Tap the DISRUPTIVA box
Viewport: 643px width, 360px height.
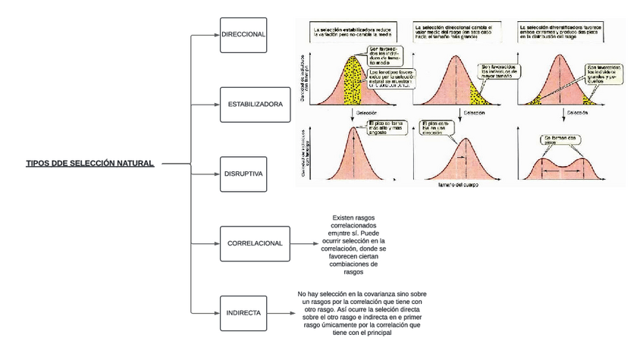tap(243, 174)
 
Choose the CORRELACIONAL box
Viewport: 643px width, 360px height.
tap(255, 243)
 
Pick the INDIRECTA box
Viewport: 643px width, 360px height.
tap(243, 311)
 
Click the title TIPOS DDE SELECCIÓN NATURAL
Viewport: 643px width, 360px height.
tap(90, 163)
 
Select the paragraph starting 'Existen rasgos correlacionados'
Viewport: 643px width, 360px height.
tap(354, 245)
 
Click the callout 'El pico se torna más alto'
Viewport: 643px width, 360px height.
tap(386, 127)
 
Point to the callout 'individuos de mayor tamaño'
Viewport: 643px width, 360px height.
tap(499, 72)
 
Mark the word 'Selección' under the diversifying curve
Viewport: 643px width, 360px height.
tap(576, 112)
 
